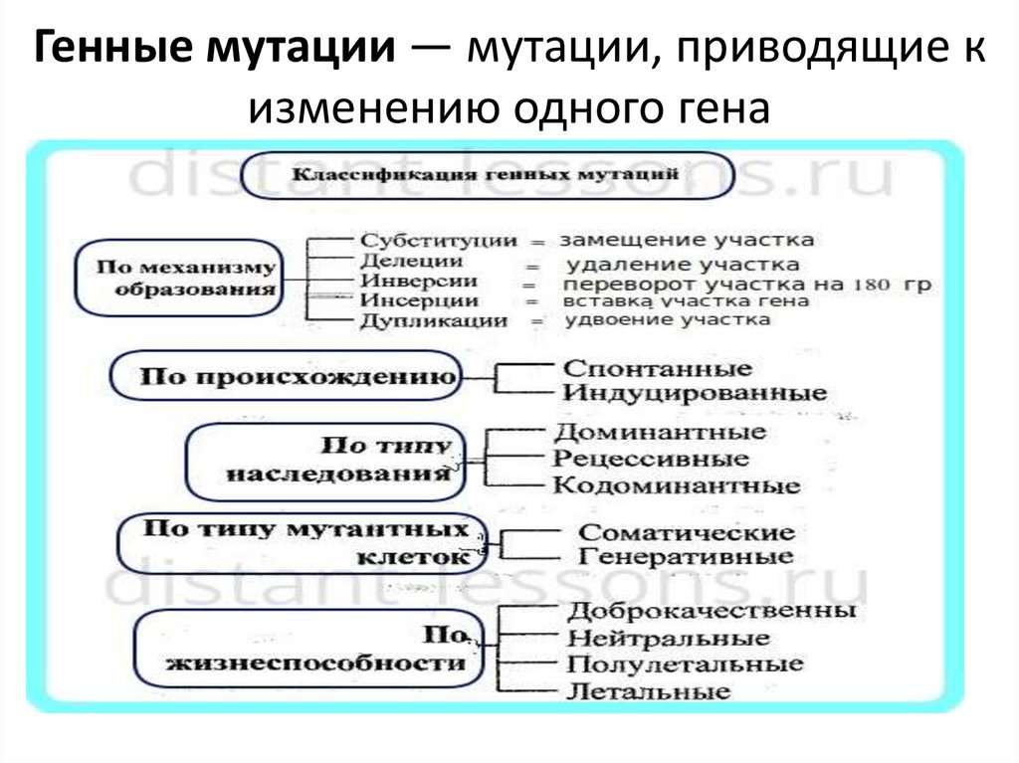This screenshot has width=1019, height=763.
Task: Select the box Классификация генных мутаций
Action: (487, 174)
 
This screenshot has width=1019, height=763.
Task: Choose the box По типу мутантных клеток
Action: (303, 542)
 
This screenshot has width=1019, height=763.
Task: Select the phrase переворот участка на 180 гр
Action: (747, 284)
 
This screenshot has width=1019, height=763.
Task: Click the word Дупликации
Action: (434, 321)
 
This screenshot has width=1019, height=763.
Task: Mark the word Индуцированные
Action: (695, 393)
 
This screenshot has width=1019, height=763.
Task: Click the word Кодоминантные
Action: (677, 486)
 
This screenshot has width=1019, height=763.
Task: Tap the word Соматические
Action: (687, 534)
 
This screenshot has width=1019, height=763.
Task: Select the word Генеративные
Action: (686, 557)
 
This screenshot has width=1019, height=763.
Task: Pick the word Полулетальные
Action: (684, 665)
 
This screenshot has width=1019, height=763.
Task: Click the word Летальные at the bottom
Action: (648, 690)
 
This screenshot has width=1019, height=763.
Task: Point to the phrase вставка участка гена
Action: (686, 301)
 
